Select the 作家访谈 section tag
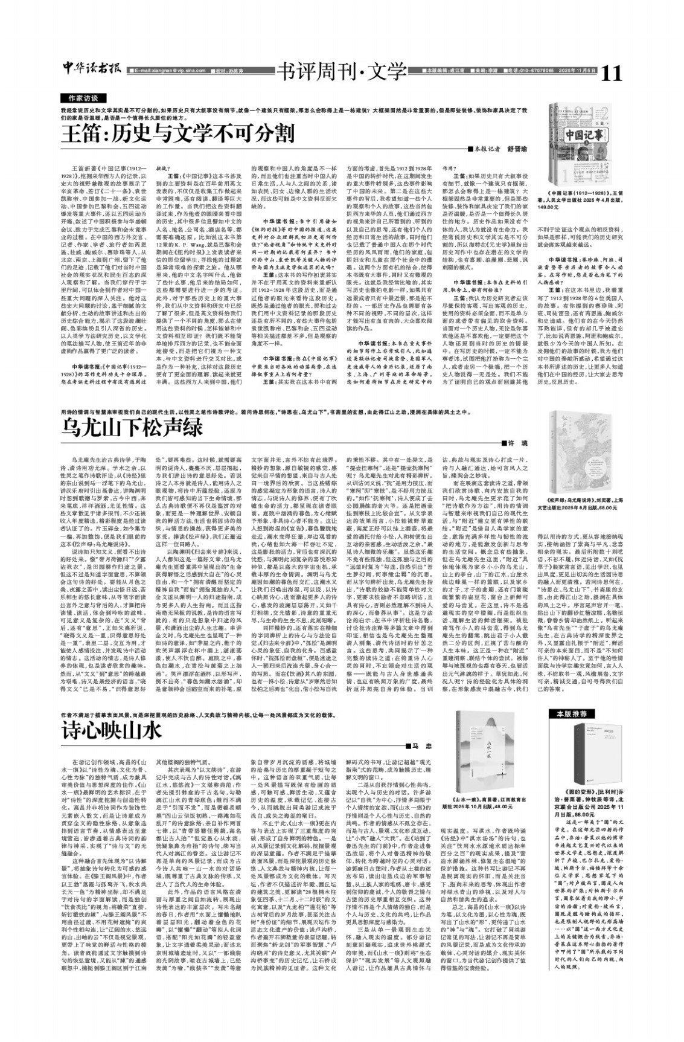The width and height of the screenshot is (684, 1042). tap(83, 98)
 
